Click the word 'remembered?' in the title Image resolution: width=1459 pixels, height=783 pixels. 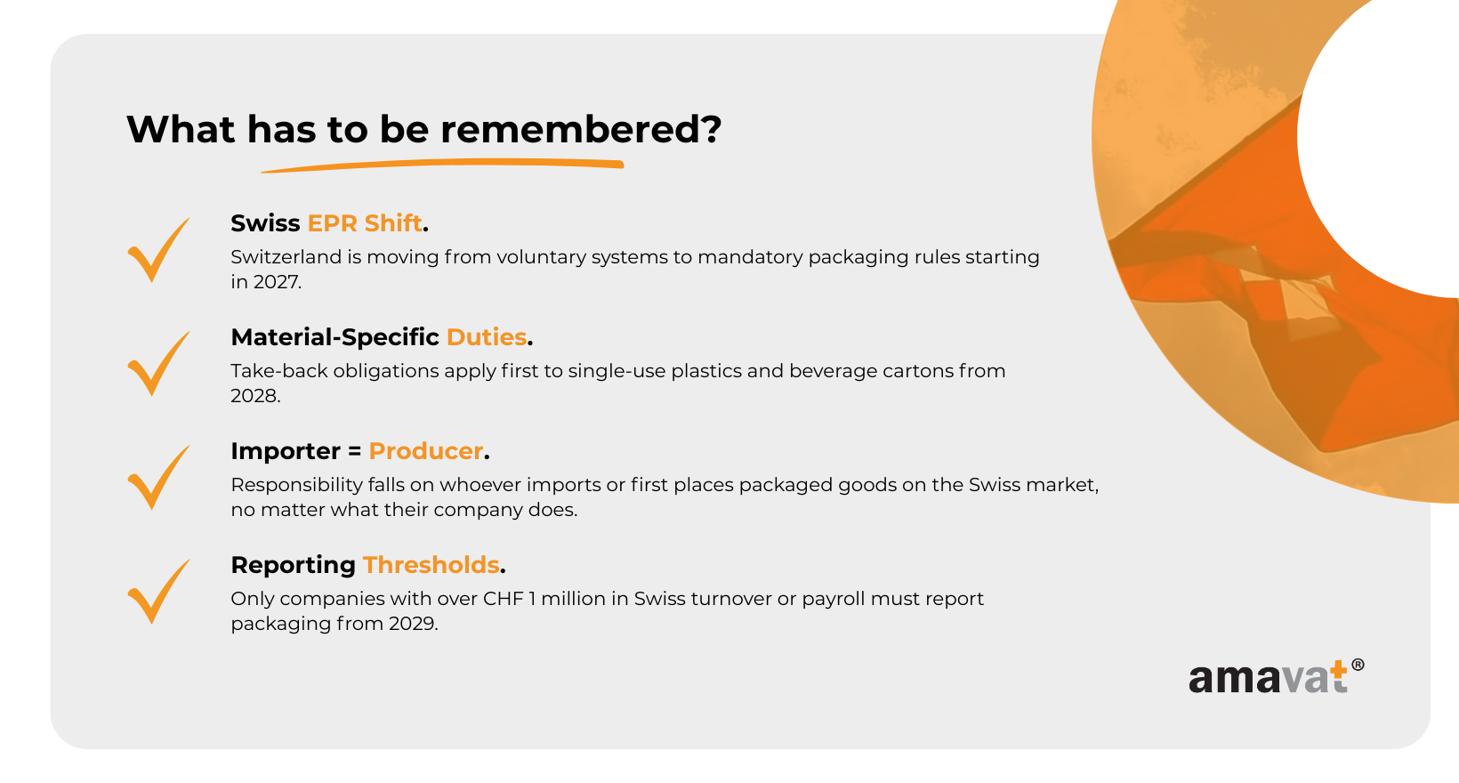581,129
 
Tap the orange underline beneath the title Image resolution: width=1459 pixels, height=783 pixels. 442,165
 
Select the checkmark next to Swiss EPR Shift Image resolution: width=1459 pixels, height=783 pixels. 159,249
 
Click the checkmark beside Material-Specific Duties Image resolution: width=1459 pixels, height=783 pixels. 159,364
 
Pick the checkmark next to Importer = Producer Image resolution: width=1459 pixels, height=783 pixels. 159,478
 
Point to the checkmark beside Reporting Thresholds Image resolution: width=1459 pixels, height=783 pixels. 159,592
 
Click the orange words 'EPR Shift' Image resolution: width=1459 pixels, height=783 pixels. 365,223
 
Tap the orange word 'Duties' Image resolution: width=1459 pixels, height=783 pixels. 487,337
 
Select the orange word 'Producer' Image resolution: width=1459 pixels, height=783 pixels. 426,451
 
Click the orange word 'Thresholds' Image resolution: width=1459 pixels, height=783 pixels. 431,565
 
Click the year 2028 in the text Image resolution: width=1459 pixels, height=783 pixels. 254,396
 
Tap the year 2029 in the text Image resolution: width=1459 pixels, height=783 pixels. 412,624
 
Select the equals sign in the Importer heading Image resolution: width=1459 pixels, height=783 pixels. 354,451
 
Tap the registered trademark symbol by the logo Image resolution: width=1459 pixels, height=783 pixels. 1358,665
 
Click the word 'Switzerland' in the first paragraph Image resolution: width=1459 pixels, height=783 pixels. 286,257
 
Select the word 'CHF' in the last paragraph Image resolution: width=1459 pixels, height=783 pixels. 503,599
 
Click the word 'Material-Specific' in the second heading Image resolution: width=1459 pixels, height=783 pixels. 335,337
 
